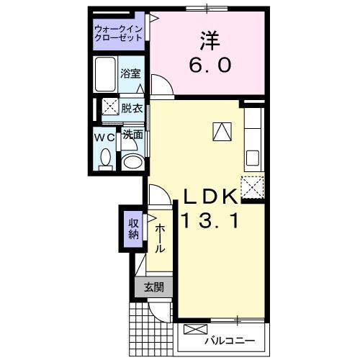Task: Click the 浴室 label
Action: click(130, 73)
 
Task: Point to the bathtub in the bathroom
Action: click(106, 73)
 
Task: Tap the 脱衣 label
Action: click(131, 109)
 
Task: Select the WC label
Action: click(104, 136)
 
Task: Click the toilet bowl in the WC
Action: click(105, 158)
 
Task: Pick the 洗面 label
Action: click(131, 135)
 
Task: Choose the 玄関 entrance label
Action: click(153, 287)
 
